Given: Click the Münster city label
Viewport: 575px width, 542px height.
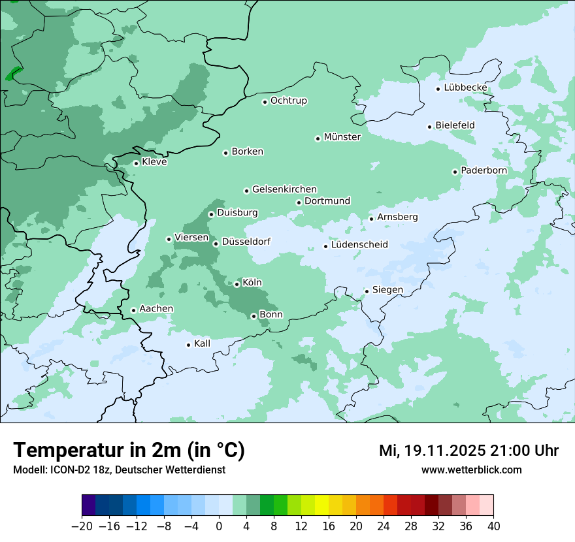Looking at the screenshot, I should point(342,137).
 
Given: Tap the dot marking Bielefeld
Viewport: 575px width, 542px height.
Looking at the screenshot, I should point(430,127).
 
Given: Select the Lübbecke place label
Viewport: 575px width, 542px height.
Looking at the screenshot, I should point(465,88).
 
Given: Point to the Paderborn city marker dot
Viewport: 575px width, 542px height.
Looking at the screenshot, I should point(455,172).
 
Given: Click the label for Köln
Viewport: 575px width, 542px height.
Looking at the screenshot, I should point(252,283).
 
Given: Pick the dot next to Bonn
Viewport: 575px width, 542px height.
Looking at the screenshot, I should point(254,316).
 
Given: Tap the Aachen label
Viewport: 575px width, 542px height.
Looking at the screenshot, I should point(156,309).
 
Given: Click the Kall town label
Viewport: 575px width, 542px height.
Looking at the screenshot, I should point(202,343).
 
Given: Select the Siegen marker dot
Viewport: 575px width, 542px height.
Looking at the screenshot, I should point(367,291).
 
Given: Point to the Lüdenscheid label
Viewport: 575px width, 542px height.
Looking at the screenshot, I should point(359,245).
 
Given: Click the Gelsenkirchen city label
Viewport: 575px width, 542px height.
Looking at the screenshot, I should point(284,189).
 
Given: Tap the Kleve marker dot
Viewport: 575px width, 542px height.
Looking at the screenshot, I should point(137,163).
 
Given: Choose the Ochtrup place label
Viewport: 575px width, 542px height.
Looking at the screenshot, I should point(288,101).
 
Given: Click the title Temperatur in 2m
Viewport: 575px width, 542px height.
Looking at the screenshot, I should point(129,450).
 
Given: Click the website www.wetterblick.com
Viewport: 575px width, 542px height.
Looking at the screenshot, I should point(472,470).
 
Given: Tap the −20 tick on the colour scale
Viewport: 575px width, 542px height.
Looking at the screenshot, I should point(82,526).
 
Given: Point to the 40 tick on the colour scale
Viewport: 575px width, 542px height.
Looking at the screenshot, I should point(493,526).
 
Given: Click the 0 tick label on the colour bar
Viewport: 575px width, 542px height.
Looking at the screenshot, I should point(219,526).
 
